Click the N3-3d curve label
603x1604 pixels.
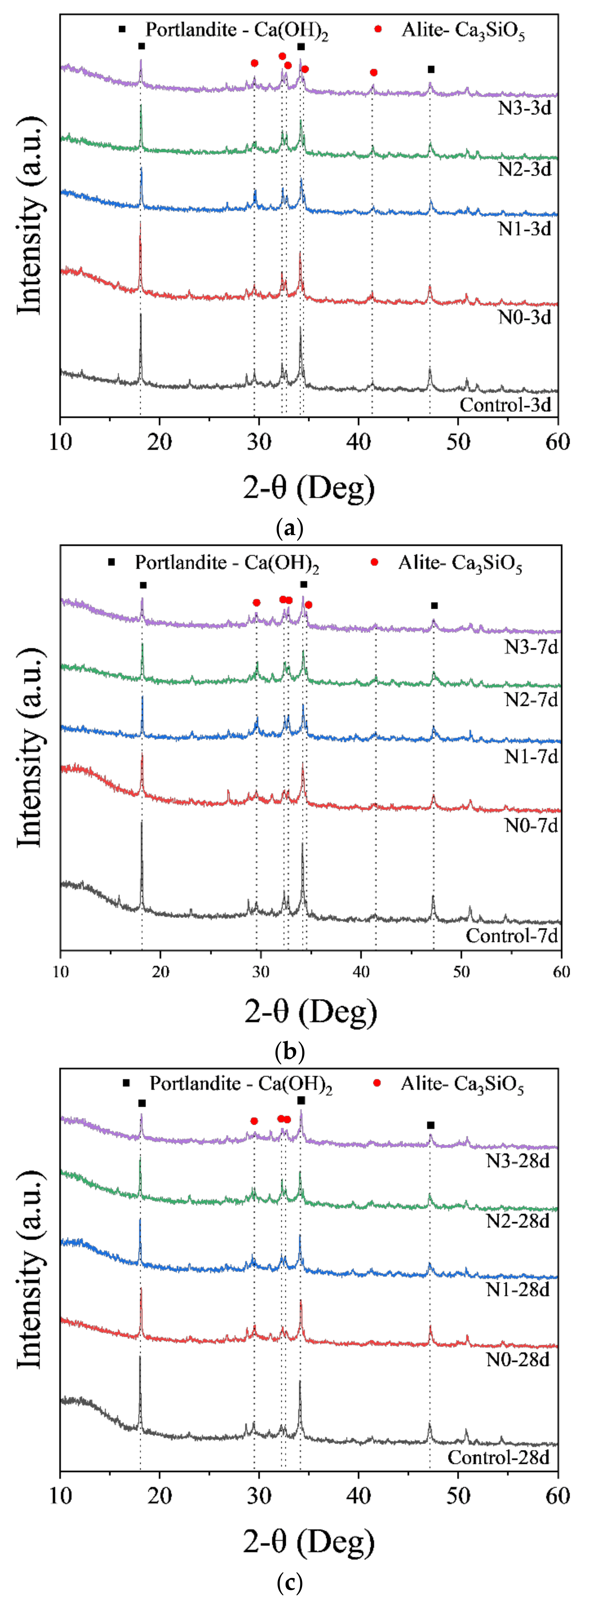tap(525, 108)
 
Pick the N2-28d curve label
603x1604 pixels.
tap(518, 1221)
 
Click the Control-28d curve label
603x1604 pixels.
tap(498, 1458)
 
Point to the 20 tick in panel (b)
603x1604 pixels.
tap(161, 971)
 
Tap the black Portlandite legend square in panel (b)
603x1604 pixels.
tap(112, 562)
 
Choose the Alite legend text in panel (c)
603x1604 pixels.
tap(462, 1084)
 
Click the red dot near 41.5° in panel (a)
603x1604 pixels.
tap(373, 73)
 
